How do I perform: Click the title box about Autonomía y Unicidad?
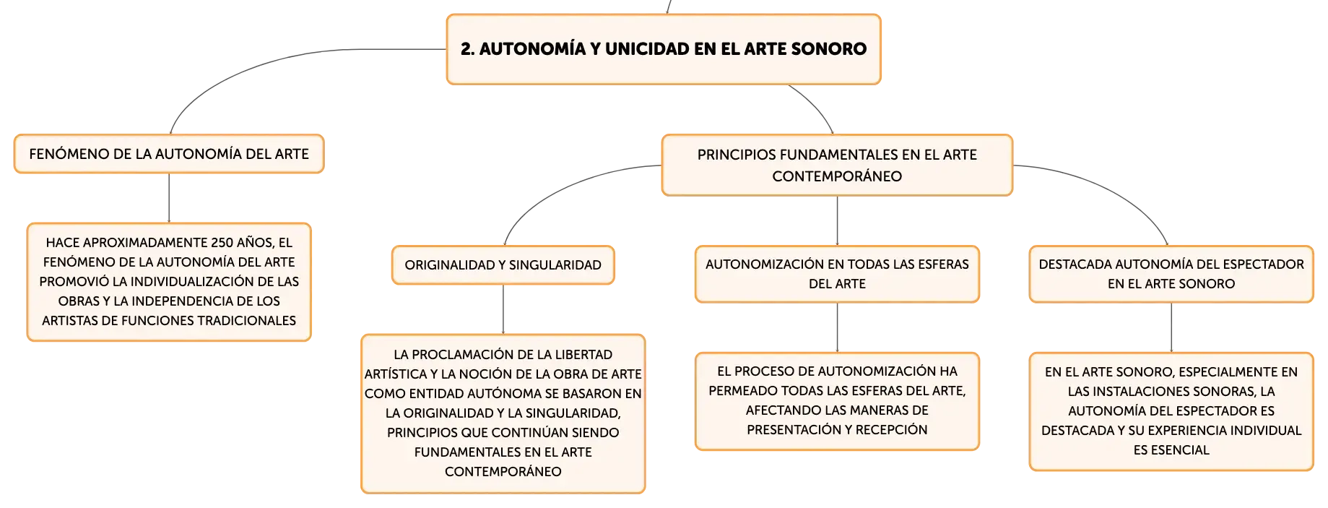pos(664,49)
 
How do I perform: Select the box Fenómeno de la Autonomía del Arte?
pos(169,154)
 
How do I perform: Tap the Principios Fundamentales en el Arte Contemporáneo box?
pos(837,165)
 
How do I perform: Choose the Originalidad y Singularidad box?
pos(503,265)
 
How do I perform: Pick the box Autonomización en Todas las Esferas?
pos(837,274)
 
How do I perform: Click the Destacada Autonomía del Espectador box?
pos(1171,274)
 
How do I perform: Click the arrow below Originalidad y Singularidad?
pos(503,309)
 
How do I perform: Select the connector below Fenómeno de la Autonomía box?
pos(169,198)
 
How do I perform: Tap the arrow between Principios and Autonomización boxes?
pos(837,220)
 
